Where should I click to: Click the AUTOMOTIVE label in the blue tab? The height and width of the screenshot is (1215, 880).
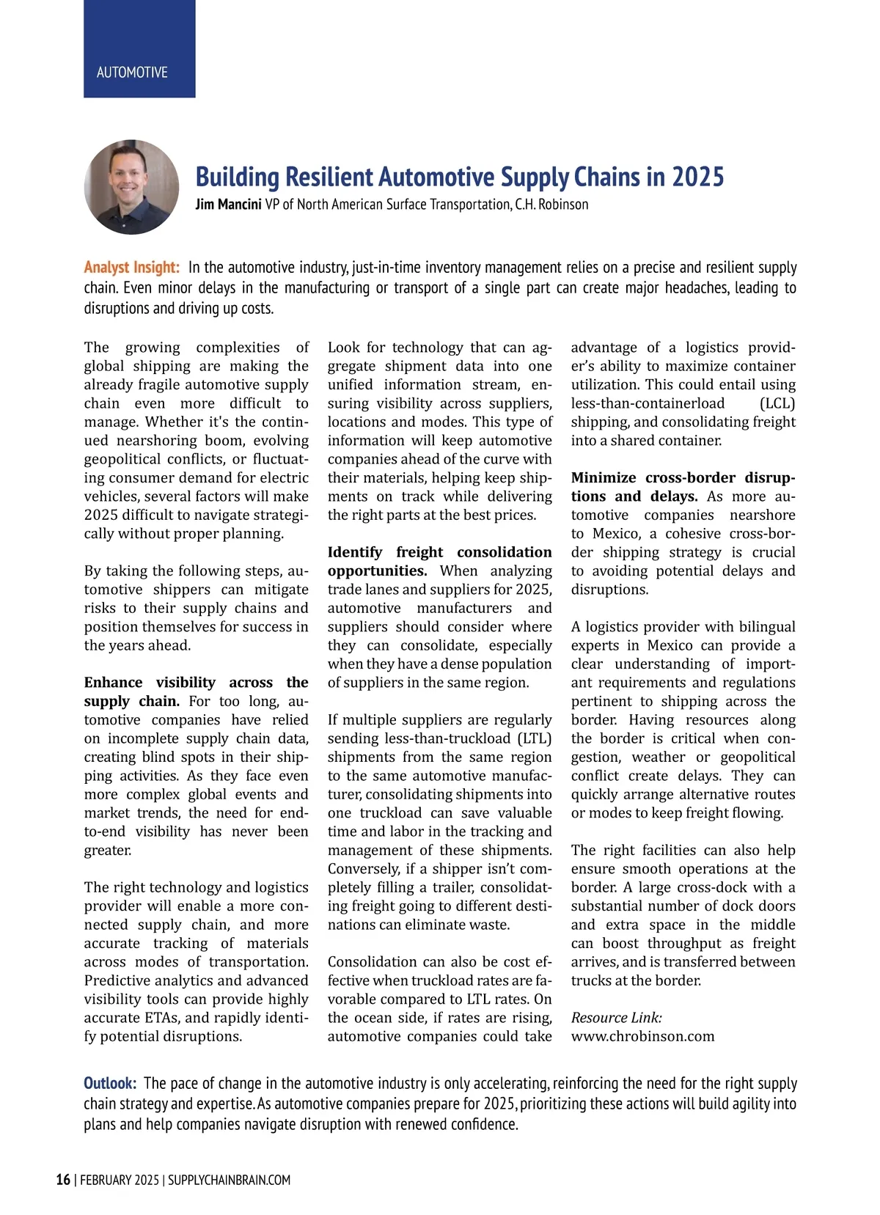pyautogui.click(x=132, y=73)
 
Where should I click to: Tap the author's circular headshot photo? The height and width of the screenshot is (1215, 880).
pyautogui.click(x=132, y=187)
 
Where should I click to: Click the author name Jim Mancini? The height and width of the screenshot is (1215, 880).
pyautogui.click(x=228, y=205)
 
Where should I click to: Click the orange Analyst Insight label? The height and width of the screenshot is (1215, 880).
pyautogui.click(x=132, y=268)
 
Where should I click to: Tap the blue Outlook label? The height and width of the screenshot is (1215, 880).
pyautogui.click(x=110, y=1084)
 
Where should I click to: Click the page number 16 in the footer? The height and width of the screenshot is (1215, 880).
pyautogui.click(x=64, y=1180)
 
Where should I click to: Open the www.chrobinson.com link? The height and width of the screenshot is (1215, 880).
pyautogui.click(x=642, y=1037)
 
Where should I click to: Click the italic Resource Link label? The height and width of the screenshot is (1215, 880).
pyautogui.click(x=616, y=1018)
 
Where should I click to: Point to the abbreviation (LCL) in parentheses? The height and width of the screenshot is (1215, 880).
pyautogui.click(x=777, y=403)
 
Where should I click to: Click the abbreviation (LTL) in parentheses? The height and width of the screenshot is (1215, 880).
pyautogui.click(x=535, y=738)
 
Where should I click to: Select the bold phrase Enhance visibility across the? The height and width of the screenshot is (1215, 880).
pyautogui.click(x=196, y=683)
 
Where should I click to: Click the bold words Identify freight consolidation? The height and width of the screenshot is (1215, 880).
pyautogui.click(x=439, y=552)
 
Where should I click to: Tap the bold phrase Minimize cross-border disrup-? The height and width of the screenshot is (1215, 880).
pyautogui.click(x=683, y=478)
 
